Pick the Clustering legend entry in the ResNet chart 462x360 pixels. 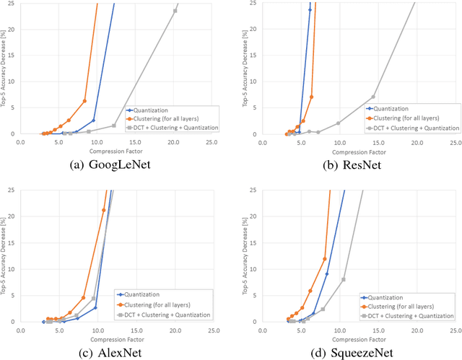click(408, 118)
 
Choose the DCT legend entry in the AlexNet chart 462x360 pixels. click(167, 315)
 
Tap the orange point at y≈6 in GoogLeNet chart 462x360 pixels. click(84, 101)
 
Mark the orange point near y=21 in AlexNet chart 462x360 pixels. click(103, 210)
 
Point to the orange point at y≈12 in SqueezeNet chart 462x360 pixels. click(324, 258)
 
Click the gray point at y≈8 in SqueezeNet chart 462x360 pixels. click(344, 279)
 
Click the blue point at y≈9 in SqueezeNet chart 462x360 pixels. click(327, 273)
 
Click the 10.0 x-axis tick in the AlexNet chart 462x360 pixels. click(97, 329)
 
